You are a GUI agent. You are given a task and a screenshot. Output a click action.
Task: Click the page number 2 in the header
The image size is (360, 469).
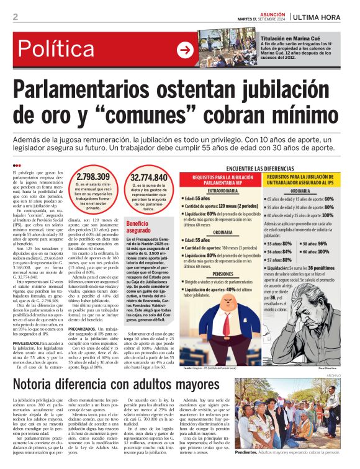tap(15, 17)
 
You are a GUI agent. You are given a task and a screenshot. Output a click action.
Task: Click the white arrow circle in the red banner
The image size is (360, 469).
tap(185, 50)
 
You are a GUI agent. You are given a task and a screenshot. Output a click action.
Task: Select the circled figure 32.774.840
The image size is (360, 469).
tap(149, 178)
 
